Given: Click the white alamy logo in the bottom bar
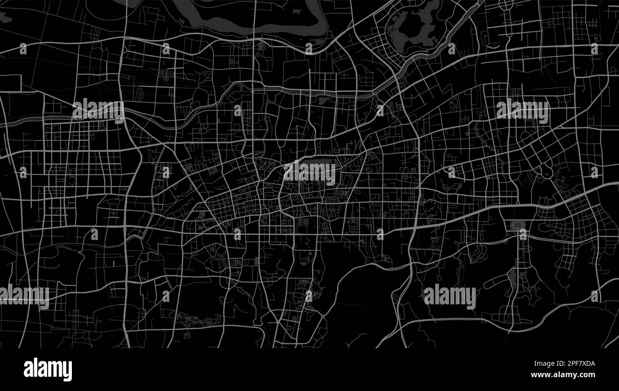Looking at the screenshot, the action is click(x=48, y=370).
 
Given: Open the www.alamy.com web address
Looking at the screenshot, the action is click(x=562, y=375).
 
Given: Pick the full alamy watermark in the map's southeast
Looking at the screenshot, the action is click(x=449, y=296).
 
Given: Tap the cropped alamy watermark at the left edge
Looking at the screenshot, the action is click(x=24, y=295).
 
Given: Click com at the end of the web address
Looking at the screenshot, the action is click(x=588, y=375).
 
